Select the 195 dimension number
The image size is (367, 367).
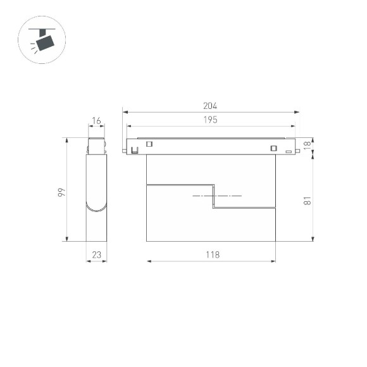click(210, 120)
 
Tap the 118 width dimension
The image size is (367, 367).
click(211, 254)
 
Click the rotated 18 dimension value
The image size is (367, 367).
click(306, 145)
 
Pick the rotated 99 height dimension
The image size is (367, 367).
click(61, 191)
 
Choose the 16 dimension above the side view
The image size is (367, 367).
click(96, 120)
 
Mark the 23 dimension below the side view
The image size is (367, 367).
click(96, 254)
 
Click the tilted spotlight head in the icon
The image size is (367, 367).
click(46, 42)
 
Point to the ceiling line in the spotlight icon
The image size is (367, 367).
click(43, 27)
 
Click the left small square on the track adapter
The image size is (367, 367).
click(149, 144)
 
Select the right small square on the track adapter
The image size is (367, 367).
click(273, 148)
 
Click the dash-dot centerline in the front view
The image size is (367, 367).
click(216, 196)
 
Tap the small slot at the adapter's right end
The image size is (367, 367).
click(288, 151)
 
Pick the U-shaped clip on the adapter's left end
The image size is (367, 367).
click(134, 150)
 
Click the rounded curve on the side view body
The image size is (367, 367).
click(96, 208)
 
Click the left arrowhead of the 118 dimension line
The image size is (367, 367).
click(149, 261)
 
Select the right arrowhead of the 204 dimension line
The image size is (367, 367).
click(297, 112)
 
